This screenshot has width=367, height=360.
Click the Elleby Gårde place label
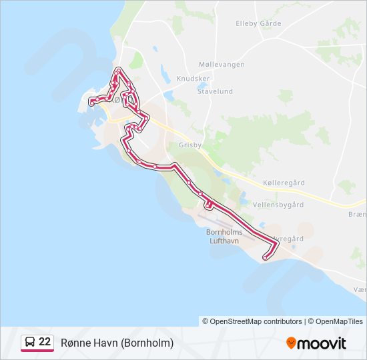tap(258, 24)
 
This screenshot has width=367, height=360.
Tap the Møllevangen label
tap(222, 65)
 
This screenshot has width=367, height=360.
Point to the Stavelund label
tap(215, 91)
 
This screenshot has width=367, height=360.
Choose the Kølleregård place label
tap(284, 182)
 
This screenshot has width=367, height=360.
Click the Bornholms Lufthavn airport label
tap(224, 236)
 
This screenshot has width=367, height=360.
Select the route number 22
tap(45, 341)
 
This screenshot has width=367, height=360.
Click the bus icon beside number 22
tap(30, 342)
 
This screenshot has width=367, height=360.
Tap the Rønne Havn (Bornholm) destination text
tap(117, 343)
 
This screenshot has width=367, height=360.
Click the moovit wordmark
tap(322, 343)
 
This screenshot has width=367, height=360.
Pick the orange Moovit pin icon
tap(291, 343)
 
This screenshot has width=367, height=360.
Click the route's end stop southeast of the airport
tap(266, 257)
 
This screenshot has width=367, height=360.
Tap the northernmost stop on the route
tap(118, 70)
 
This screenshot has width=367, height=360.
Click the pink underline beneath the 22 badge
tap(37, 351)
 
